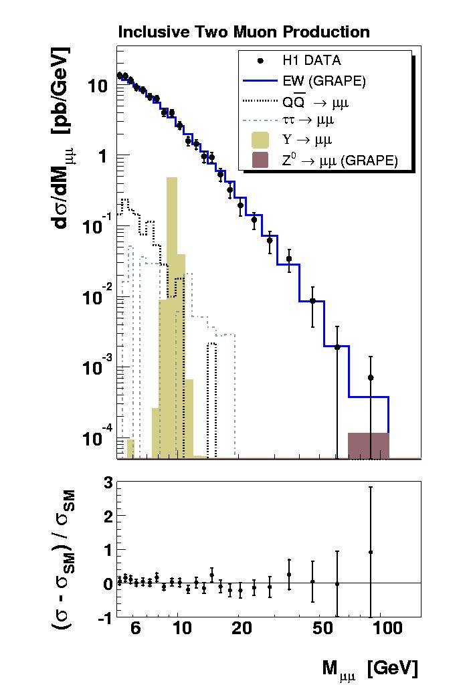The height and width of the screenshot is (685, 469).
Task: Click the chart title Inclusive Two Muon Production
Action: [244, 31]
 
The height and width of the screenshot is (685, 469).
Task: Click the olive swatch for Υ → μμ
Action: [260, 140]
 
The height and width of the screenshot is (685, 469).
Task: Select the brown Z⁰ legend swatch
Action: [260, 160]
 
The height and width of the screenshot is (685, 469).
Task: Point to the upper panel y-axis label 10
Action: [96, 86]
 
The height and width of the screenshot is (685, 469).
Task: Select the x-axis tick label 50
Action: [322, 629]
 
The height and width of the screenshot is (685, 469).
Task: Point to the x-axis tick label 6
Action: [136, 629]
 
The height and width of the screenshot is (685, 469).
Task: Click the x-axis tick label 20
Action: [242, 629]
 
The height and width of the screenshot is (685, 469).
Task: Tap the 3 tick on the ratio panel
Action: [105, 482]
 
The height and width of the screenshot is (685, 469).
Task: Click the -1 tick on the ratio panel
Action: [102, 618]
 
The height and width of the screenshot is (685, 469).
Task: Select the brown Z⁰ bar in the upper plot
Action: [368, 446]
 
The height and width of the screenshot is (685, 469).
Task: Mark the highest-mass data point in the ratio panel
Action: [370, 552]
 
